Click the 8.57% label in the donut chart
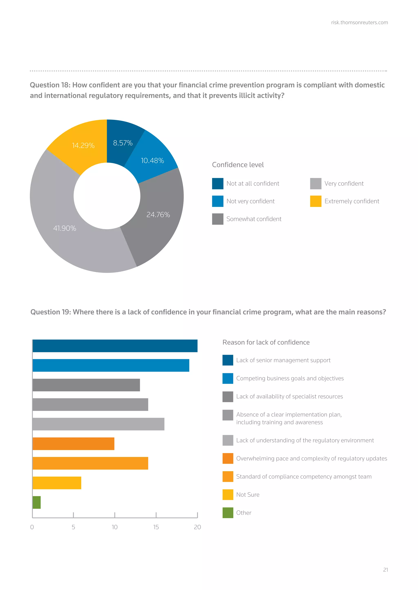[x=123, y=143]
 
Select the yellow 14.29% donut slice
[x=77, y=152]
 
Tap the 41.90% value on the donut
[x=65, y=228]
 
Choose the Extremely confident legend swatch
[x=316, y=201]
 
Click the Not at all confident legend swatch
[x=218, y=184]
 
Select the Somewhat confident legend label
[x=254, y=219]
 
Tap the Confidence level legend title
[x=238, y=165]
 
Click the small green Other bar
[x=37, y=502]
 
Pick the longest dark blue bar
[x=115, y=346]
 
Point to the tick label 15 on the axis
[x=156, y=527]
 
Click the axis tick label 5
[x=73, y=527]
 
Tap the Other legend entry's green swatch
[x=228, y=513]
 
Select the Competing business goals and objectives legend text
[x=290, y=378]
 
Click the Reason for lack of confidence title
[x=266, y=342]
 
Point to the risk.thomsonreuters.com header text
[x=359, y=23]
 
